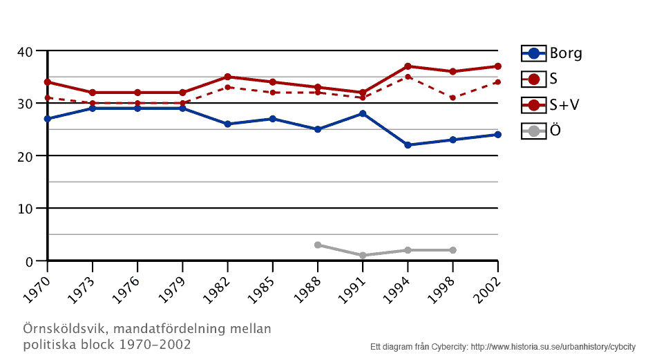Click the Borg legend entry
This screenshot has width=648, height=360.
point(551,53)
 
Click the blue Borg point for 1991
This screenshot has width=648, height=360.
point(363,113)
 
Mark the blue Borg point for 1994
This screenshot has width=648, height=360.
point(408,145)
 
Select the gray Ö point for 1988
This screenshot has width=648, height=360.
point(318,245)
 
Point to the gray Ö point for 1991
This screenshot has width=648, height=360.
point(363,256)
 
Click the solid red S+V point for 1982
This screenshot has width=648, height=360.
point(227,77)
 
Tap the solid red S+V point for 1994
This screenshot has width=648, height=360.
point(408,66)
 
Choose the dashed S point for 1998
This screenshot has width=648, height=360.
point(452,98)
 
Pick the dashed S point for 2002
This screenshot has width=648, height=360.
point(497,82)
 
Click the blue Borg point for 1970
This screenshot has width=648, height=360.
point(47,119)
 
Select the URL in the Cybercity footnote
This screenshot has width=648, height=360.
point(553,346)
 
